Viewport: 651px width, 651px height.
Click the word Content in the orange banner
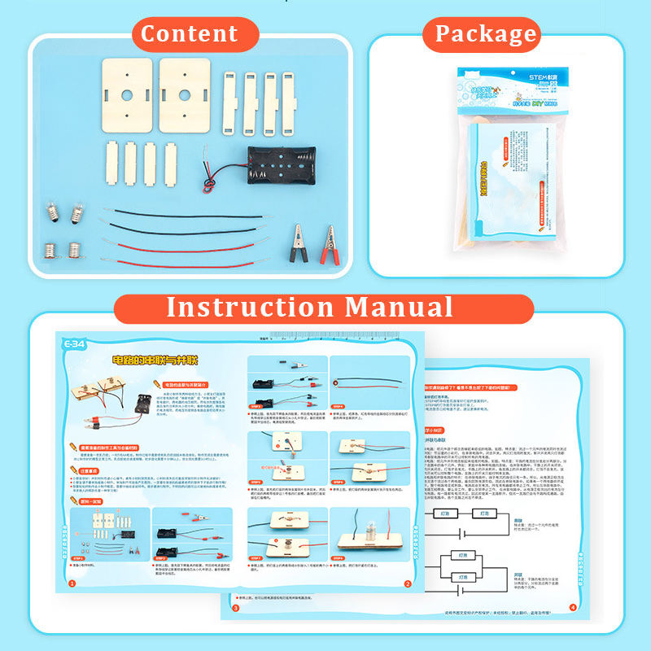(189, 34)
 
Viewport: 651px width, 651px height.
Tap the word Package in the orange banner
(486, 34)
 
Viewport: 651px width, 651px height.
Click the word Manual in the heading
(398, 308)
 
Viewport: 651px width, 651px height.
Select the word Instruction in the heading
(250, 308)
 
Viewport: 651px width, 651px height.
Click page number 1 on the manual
(72, 583)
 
